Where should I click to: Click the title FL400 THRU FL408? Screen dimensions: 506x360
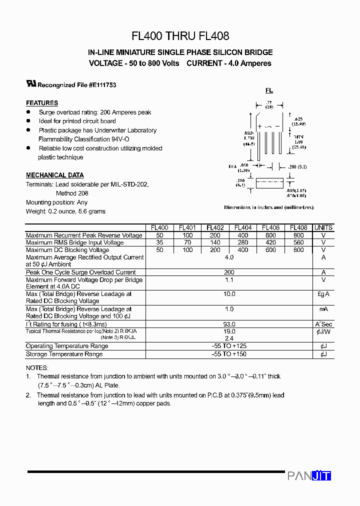click(x=180, y=36)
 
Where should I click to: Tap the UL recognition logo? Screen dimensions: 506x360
click(x=31, y=84)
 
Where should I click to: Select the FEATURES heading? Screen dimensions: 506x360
click(x=42, y=103)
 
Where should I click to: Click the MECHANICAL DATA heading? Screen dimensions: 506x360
click(x=55, y=175)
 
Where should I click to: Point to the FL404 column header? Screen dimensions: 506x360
click(x=243, y=227)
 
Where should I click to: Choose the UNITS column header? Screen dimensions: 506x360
click(x=323, y=227)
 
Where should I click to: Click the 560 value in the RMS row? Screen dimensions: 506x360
click(x=298, y=242)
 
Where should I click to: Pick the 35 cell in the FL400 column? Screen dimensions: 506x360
click(x=159, y=242)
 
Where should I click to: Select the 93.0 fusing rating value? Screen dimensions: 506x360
click(x=229, y=324)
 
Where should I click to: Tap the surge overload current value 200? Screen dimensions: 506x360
click(x=229, y=272)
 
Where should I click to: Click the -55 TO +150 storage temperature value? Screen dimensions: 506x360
click(x=229, y=354)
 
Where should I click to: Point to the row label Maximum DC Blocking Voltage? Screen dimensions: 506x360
click(x=67, y=250)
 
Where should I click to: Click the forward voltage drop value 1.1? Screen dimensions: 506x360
click(x=229, y=280)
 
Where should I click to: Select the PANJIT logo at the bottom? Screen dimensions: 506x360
click(x=309, y=476)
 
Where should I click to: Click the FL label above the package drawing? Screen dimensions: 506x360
click(x=269, y=90)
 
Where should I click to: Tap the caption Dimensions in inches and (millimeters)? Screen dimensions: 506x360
click(x=268, y=207)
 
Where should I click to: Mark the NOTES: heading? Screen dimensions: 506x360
click(x=37, y=367)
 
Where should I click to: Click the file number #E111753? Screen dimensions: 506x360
click(x=102, y=85)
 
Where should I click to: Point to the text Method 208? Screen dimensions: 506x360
click(x=72, y=193)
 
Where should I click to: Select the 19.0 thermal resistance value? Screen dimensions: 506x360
click(x=229, y=331)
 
